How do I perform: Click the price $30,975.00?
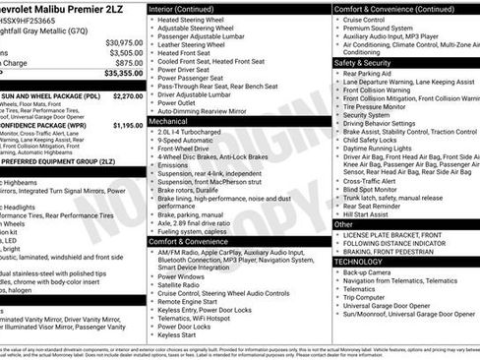[x=124, y=43]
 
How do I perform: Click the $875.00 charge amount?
[x=129, y=63]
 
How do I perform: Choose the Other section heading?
[x=343, y=223]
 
